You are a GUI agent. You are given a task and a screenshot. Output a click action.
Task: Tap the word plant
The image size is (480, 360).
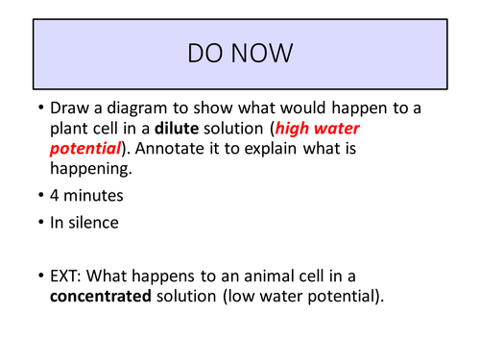click(73, 130)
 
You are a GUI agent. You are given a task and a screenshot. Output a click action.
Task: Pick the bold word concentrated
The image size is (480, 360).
click(101, 296)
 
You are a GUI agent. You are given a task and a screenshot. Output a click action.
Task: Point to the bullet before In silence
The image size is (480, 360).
click(39, 224)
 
